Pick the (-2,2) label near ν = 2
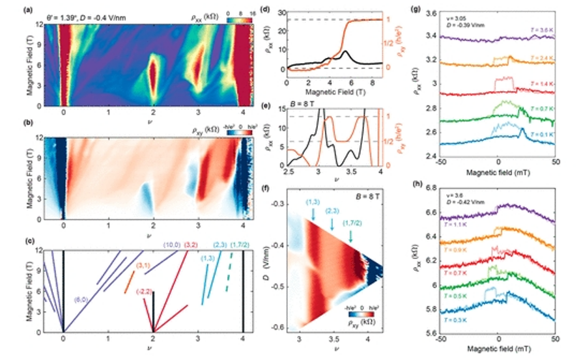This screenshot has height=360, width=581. pos(145,292)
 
